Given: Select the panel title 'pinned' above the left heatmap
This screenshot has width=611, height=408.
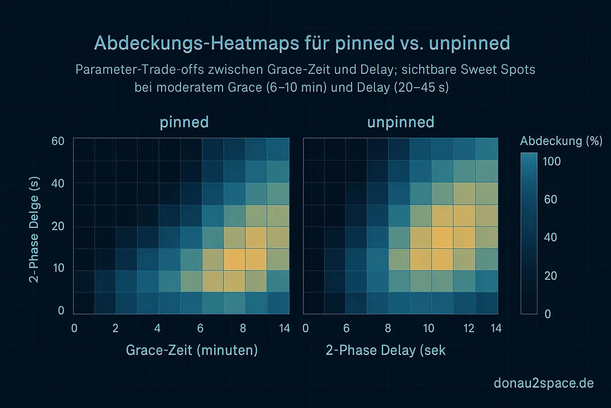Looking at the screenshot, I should [x=184, y=122].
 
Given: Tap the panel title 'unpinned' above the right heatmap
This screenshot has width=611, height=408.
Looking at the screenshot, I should [x=401, y=122].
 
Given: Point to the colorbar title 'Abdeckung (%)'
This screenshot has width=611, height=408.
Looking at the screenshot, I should [x=561, y=141].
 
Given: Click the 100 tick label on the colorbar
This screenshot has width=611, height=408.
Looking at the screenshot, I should [x=552, y=161].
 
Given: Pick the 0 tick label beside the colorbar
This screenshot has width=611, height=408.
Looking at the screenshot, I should [x=548, y=314].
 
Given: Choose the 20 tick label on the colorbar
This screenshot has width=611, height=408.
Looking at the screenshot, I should [x=551, y=276].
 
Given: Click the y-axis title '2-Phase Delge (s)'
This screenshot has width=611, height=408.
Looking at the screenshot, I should [x=35, y=230].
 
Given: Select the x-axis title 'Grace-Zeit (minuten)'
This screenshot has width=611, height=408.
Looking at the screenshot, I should [x=192, y=350].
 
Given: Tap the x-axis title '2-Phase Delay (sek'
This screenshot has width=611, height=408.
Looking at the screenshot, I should [x=385, y=350].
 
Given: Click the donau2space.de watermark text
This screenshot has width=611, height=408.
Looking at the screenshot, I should [x=543, y=383].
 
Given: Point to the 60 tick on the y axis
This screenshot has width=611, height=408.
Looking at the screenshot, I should [x=58, y=141].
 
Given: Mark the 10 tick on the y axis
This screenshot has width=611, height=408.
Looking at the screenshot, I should [x=58, y=268].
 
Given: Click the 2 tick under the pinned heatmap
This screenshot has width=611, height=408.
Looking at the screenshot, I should [x=115, y=328].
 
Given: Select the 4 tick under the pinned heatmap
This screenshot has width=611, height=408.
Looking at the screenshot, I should [x=158, y=328].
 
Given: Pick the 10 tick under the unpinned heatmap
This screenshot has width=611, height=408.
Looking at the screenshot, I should [x=428, y=328].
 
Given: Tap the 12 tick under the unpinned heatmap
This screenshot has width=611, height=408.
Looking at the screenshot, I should [x=469, y=328].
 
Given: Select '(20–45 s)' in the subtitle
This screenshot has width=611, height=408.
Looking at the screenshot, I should [x=421, y=87].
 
